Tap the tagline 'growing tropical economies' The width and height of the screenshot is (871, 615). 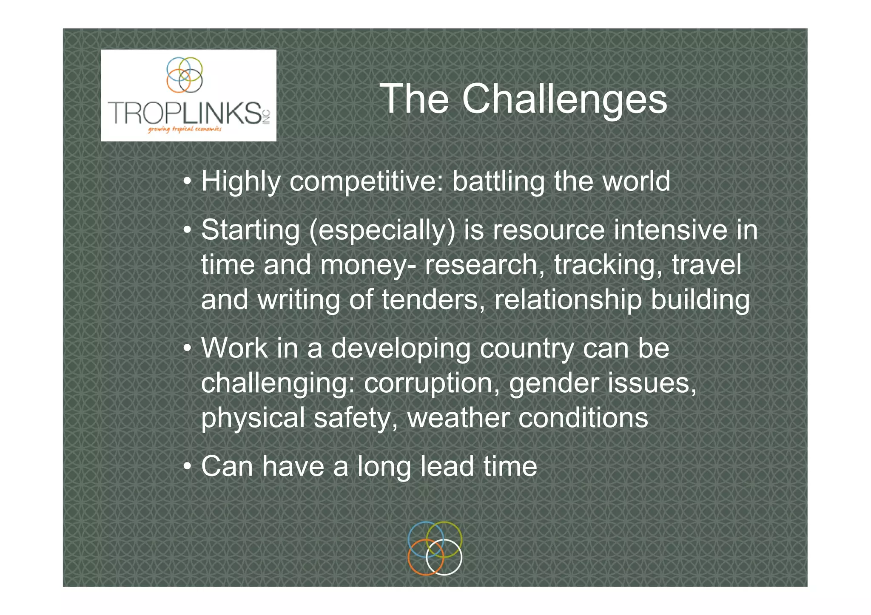click(x=185, y=129)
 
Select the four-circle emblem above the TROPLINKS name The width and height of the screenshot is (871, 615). click(x=185, y=75)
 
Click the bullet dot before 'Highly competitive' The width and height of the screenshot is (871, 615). click(x=187, y=182)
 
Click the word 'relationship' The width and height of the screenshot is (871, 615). click(x=568, y=300)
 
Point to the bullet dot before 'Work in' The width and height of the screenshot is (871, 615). click(x=187, y=349)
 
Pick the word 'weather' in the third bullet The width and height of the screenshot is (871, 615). click(x=458, y=418)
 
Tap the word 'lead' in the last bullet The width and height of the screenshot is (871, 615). click(x=447, y=466)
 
